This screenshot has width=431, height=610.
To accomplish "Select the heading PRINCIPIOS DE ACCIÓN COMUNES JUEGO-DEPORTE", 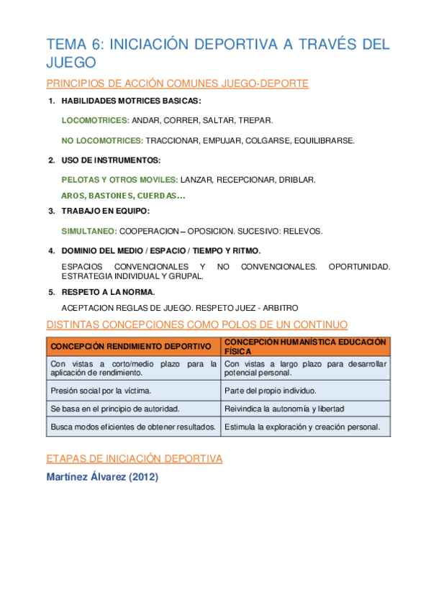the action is [178, 83].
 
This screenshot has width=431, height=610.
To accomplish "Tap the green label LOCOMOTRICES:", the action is [96, 120].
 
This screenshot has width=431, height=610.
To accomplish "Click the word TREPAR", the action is [256, 120].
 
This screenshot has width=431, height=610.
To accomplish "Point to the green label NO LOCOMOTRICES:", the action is [103, 140].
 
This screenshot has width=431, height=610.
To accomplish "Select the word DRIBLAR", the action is [296, 179].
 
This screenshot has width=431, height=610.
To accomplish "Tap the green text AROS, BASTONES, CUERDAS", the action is [123, 196].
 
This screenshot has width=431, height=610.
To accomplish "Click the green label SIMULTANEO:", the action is [89, 231].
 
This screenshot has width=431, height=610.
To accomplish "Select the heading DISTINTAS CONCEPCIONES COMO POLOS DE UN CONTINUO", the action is [196, 324].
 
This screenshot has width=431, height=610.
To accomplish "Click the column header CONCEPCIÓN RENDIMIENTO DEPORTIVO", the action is [130, 346].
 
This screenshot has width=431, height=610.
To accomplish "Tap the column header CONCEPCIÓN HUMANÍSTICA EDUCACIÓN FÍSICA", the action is [305, 346].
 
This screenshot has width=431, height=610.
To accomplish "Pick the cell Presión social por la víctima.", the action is [101, 391].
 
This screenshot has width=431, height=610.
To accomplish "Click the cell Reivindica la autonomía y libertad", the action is [284, 409].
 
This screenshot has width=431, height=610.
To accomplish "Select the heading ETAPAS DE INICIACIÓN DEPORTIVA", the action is [135, 458].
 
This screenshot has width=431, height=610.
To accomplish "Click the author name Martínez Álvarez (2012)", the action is [102, 477].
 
